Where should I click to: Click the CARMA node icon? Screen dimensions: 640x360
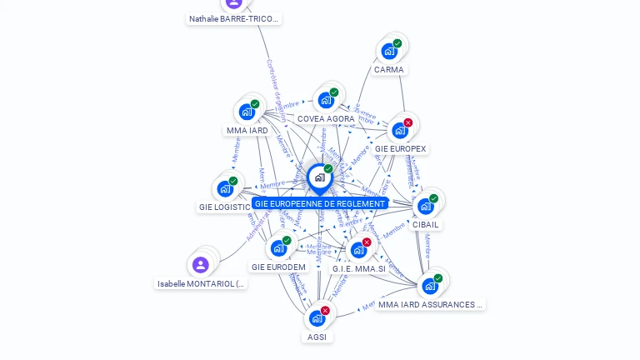click(x=388, y=52)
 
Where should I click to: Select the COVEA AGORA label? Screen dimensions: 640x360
click(x=326, y=119)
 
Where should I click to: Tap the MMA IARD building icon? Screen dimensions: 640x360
click(x=246, y=112)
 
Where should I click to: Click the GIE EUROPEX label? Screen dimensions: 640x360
click(x=400, y=149)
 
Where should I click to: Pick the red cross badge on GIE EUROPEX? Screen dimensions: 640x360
click(x=408, y=123)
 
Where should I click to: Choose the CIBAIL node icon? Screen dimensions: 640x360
click(x=426, y=206)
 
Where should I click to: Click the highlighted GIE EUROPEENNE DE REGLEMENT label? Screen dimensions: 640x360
click(x=320, y=203)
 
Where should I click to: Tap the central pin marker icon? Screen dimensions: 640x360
click(x=319, y=177)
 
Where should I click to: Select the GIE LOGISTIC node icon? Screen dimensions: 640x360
click(x=225, y=188)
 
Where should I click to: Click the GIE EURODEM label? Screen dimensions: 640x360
click(x=278, y=267)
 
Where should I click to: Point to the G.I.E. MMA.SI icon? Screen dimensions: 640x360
click(x=358, y=250)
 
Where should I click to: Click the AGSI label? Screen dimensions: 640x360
click(x=317, y=337)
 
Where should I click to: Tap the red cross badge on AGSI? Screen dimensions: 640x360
click(x=325, y=311)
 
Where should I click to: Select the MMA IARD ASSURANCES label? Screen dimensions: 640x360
click(x=430, y=305)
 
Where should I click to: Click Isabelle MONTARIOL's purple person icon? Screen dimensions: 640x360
click(x=200, y=265)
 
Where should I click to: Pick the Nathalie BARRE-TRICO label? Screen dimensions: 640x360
click(x=234, y=18)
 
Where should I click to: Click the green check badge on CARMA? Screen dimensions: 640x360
click(x=397, y=43)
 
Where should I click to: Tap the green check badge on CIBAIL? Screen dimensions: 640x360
click(x=434, y=198)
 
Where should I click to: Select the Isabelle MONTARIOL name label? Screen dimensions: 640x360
click(x=202, y=284)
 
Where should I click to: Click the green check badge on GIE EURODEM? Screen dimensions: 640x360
click(x=287, y=241)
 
